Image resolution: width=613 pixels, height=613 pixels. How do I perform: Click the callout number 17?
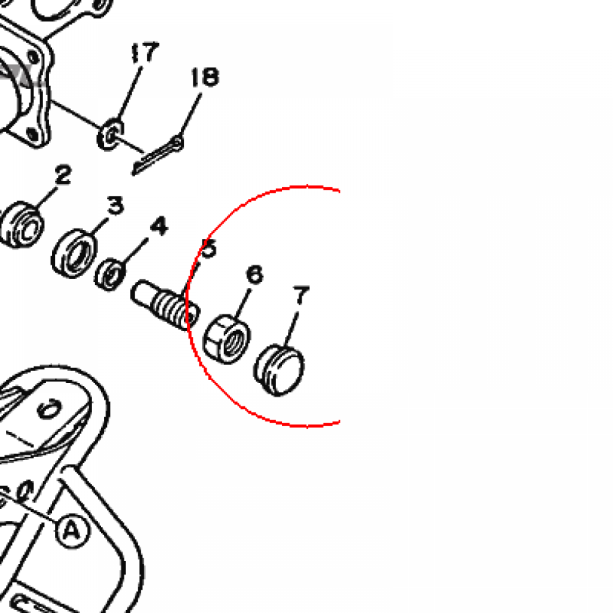click(x=145, y=53)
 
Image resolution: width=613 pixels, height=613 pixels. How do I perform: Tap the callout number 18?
click(x=205, y=77)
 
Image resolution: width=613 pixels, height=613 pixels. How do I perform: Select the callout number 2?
click(x=63, y=174)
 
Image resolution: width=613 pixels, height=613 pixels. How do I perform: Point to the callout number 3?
click(x=116, y=205)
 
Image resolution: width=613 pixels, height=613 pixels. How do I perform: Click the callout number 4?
click(x=159, y=226)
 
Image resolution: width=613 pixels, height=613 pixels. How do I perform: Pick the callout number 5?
click(x=208, y=248)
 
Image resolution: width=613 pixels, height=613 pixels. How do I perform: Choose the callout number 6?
click(x=255, y=274)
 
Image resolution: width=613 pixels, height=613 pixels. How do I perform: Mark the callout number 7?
click(x=301, y=295)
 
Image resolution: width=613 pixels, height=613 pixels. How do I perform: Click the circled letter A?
click(x=72, y=531)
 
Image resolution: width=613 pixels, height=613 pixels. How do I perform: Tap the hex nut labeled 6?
click(x=227, y=339)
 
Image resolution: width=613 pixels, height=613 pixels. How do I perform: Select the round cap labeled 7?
click(x=279, y=370)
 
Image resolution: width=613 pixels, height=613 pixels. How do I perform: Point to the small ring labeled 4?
click(x=111, y=274)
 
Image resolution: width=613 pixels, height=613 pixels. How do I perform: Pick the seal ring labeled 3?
click(x=74, y=253)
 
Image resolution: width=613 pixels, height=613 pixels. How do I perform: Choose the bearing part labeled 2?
click(x=22, y=224)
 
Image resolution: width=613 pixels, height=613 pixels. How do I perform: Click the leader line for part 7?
click(x=291, y=329)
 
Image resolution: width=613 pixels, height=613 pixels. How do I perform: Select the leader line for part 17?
click(x=129, y=93)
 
